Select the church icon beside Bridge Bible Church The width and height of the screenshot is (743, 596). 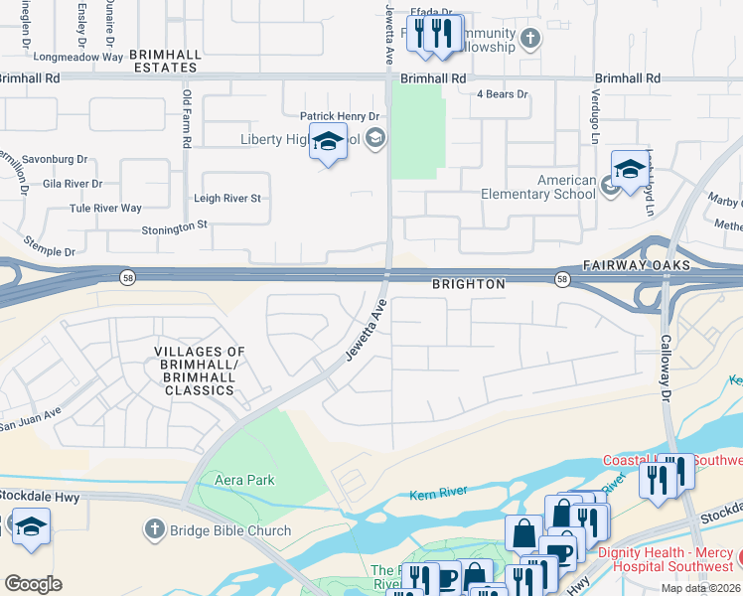click(153, 529)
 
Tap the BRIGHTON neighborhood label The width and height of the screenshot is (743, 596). click(468, 284)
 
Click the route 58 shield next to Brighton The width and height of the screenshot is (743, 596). click(562, 279)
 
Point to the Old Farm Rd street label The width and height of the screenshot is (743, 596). click(186, 119)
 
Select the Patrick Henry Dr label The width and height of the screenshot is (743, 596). click(341, 116)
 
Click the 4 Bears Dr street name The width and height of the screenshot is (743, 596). click(502, 94)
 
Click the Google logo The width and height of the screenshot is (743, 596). click(33, 583)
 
